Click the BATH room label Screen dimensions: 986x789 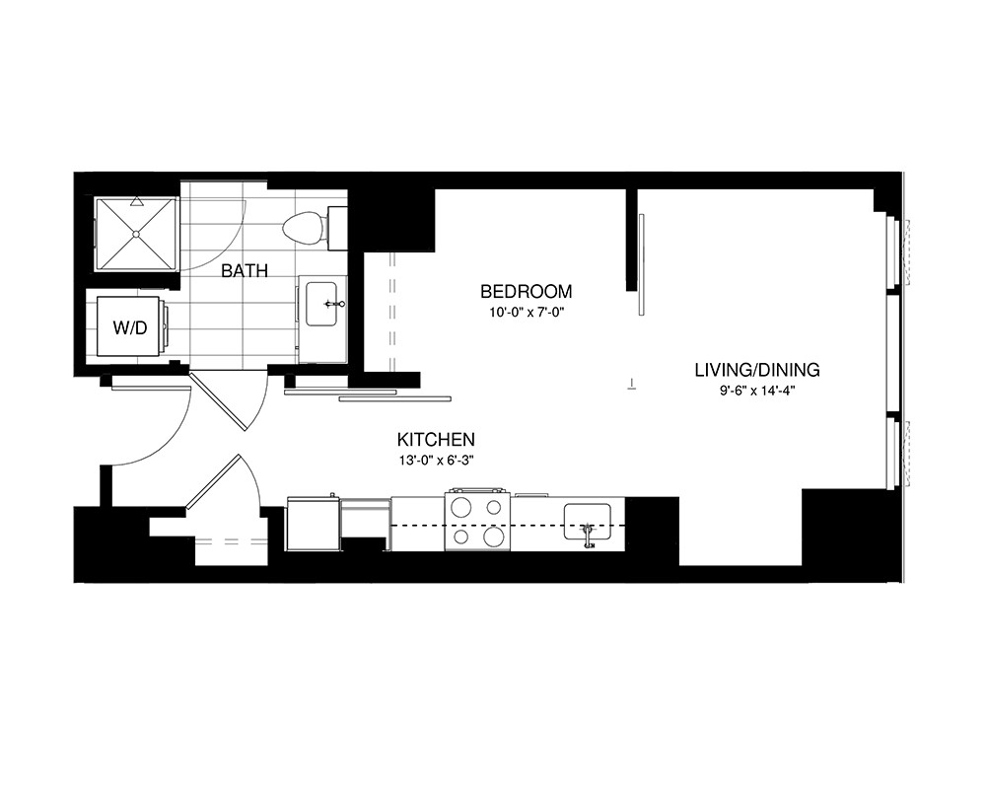click(x=245, y=271)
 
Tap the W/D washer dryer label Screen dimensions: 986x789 click(x=130, y=327)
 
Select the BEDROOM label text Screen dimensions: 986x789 click(x=527, y=292)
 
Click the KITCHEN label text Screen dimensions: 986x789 click(x=436, y=439)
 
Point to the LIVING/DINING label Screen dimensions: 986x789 click(x=757, y=370)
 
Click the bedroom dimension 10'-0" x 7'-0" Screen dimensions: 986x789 click(x=527, y=312)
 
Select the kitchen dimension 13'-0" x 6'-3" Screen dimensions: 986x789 click(x=436, y=460)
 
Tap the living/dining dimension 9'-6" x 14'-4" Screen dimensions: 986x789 click(x=757, y=391)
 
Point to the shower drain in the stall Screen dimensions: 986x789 click(x=136, y=234)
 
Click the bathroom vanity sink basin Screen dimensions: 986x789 click(x=321, y=304)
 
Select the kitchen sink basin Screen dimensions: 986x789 click(x=587, y=521)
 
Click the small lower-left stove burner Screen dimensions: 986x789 click(x=461, y=537)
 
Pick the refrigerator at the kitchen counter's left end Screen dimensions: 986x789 click(x=314, y=524)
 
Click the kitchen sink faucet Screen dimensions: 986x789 click(x=588, y=537)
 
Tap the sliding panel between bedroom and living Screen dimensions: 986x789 click(x=641, y=264)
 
